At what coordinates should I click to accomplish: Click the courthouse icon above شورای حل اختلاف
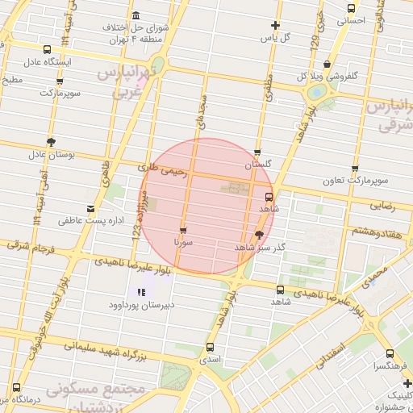click(x=134, y=16)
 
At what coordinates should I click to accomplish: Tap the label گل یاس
click(x=273, y=37)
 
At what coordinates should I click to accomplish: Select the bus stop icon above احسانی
click(x=350, y=8)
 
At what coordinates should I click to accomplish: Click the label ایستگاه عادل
click(x=48, y=61)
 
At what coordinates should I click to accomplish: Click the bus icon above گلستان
click(x=257, y=152)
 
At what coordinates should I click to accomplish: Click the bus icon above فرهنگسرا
click(x=390, y=353)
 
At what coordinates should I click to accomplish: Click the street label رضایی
click(x=383, y=206)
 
